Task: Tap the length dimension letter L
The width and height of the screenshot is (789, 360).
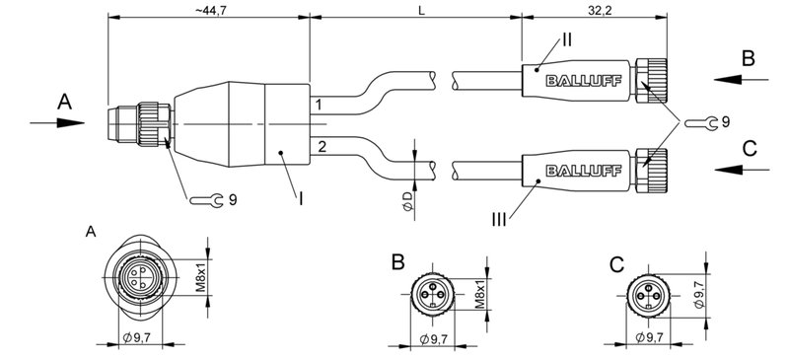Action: point(421,10)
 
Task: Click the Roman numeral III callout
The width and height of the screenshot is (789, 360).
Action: point(501,220)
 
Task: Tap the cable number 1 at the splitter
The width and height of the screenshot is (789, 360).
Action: point(318,104)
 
